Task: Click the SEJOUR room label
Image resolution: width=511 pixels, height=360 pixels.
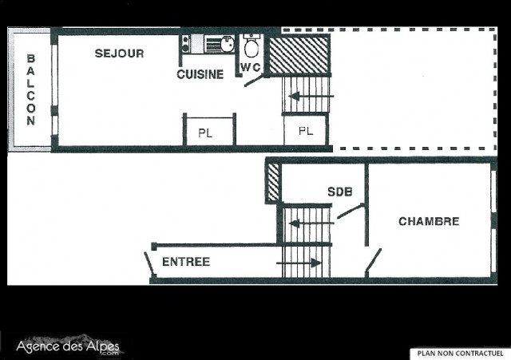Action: pyautogui.click(x=119, y=53)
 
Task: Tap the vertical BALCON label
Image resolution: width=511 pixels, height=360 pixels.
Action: pyautogui.click(x=30, y=89)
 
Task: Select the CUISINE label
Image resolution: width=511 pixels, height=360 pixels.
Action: pyautogui.click(x=200, y=74)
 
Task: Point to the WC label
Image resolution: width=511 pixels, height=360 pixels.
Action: pyautogui.click(x=251, y=66)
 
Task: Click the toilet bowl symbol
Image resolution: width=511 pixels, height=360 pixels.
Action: pyautogui.click(x=252, y=46)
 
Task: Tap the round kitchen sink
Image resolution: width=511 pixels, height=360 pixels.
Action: pyautogui.click(x=227, y=42)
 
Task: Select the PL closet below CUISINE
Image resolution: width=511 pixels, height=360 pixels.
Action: pyautogui.click(x=205, y=133)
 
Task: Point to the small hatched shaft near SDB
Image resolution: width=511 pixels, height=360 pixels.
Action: pyautogui.click(x=273, y=182)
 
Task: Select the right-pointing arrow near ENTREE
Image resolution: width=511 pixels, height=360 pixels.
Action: pyautogui.click(x=299, y=262)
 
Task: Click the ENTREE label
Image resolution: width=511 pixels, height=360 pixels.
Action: pyautogui.click(x=185, y=262)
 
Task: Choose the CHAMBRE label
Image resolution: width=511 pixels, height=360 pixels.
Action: pyautogui.click(x=429, y=221)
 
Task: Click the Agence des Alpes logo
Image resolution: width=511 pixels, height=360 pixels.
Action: pyautogui.click(x=69, y=347)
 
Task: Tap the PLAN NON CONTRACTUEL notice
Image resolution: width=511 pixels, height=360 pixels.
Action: pyautogui.click(x=458, y=352)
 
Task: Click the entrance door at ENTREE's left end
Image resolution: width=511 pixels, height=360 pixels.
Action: pyautogui.click(x=149, y=263)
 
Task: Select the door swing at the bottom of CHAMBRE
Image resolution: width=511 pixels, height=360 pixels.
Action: pyautogui.click(x=373, y=260)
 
